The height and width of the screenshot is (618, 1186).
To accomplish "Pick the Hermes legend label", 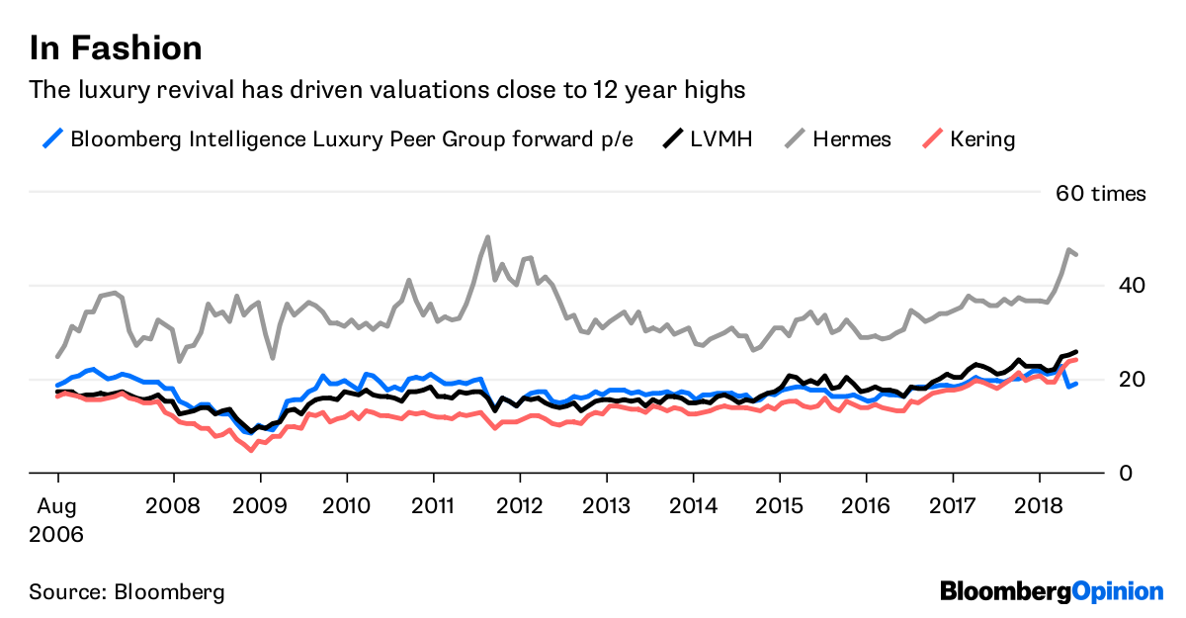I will click(x=851, y=138).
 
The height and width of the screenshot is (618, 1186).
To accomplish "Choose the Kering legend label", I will click(x=982, y=138).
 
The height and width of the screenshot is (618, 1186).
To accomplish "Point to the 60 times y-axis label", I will click(x=1100, y=194).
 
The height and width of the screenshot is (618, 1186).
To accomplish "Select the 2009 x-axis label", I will click(x=260, y=504).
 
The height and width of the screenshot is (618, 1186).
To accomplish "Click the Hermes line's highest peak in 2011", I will click(x=487, y=237).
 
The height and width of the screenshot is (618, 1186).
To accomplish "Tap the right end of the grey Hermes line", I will click(x=1076, y=255).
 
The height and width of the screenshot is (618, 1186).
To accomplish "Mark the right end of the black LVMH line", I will click(x=1076, y=351).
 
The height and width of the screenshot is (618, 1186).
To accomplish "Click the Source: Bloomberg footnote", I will click(x=127, y=592).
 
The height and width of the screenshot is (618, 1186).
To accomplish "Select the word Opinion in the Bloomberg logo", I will click(x=1118, y=591).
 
